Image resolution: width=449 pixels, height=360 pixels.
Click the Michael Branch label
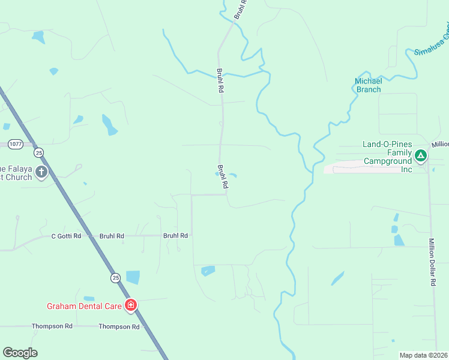click(x=368, y=85)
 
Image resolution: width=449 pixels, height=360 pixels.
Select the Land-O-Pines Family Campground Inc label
click(x=387, y=157)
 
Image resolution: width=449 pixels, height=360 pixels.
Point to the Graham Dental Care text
click(x=84, y=306)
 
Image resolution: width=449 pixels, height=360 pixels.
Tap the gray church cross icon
click(x=41, y=173)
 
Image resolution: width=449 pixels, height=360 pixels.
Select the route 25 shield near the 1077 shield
click(x=39, y=152)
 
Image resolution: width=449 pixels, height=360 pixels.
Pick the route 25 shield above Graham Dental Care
click(x=115, y=277)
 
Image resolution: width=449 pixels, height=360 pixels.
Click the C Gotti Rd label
click(x=66, y=236)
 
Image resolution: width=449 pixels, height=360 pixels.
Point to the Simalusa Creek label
click(x=432, y=40)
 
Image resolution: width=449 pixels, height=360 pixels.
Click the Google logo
click(x=20, y=353)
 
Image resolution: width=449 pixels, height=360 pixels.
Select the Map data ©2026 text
click(x=423, y=355)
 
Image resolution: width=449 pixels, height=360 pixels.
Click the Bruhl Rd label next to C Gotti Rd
click(x=112, y=236)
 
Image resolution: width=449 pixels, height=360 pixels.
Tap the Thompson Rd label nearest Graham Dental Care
click(x=119, y=326)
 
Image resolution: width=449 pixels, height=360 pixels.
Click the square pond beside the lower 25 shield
click(x=133, y=277)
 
